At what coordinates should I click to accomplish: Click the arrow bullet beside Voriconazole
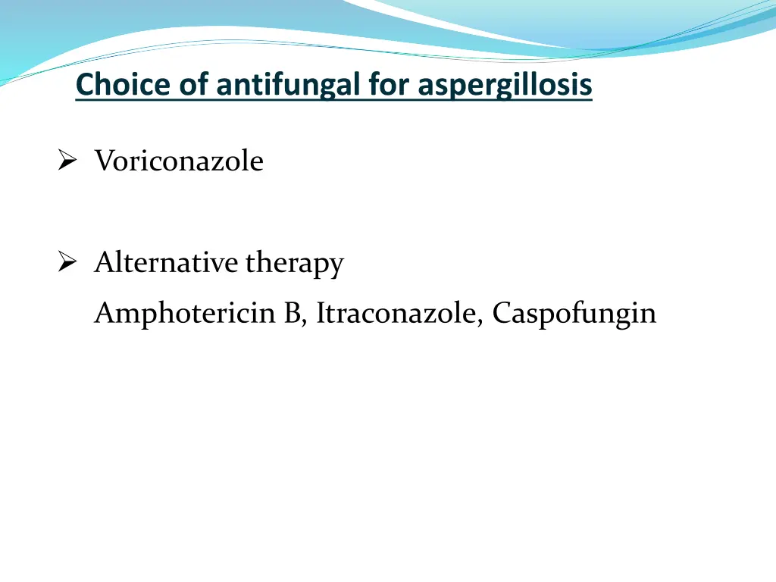[x=67, y=161]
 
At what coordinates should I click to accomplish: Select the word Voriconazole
[x=179, y=161]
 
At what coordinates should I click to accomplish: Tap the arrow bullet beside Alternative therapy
[x=67, y=263]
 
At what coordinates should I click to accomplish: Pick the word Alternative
[x=166, y=263]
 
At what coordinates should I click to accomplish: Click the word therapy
[x=294, y=264]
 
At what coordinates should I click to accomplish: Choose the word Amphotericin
[x=186, y=312]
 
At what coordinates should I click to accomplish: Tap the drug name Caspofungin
[x=574, y=314]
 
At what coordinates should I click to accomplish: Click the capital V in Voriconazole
[x=102, y=161]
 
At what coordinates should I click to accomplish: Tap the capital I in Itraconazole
[x=321, y=312]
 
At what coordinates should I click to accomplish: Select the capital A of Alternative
[x=103, y=263]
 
